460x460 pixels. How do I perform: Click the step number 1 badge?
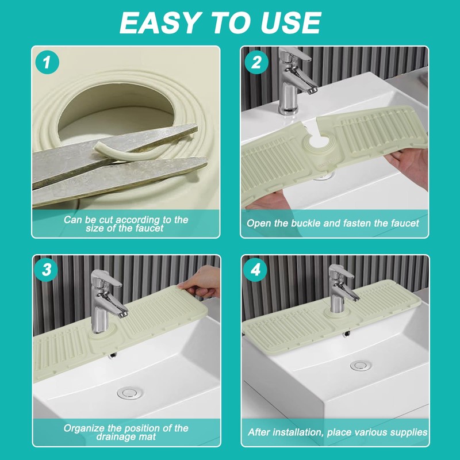47,62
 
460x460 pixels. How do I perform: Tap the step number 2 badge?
256,62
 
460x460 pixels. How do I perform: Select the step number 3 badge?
46,270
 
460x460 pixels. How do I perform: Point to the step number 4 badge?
255,270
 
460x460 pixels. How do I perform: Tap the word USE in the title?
290,23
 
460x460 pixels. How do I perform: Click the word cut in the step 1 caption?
105,220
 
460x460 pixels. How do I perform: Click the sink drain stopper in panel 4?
361,366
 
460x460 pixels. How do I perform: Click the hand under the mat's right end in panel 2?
409,166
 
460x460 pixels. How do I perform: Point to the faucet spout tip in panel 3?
123,314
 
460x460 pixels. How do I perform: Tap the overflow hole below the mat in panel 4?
347,334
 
